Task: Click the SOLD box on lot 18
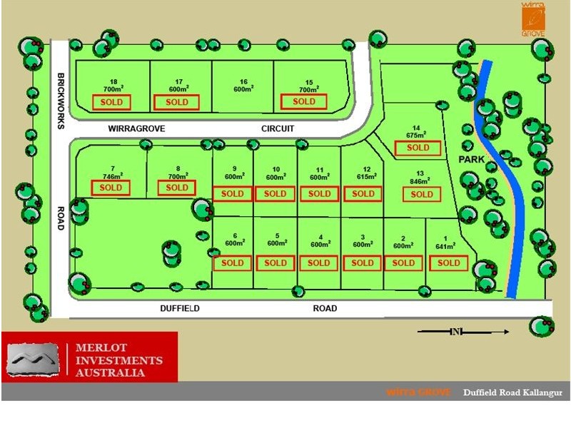(x=111, y=102)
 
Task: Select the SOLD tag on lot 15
(x=304, y=101)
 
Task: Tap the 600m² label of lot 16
(x=243, y=89)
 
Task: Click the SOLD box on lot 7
(x=111, y=188)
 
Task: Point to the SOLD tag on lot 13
(x=421, y=194)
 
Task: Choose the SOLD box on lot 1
(x=449, y=263)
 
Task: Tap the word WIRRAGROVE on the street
(x=137, y=129)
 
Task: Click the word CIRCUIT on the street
(x=278, y=129)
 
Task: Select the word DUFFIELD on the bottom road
(x=180, y=309)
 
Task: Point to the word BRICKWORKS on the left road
(x=61, y=101)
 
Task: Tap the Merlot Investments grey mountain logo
(x=31, y=358)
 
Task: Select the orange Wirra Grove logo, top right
(x=532, y=19)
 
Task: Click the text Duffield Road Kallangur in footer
(x=512, y=392)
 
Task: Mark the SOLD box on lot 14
(x=418, y=148)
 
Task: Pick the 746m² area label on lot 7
(x=112, y=175)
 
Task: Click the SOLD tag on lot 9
(x=233, y=194)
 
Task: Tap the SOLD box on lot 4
(x=319, y=263)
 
